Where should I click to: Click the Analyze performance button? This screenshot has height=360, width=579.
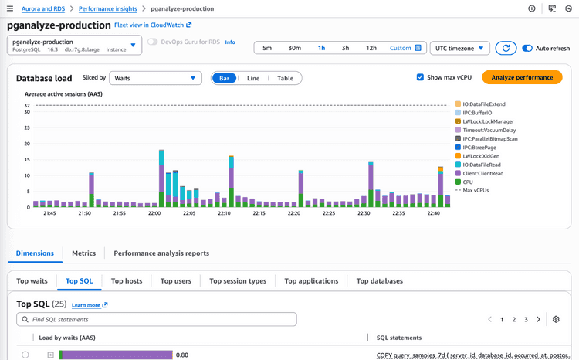(x=522, y=78)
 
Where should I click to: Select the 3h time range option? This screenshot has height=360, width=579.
(x=345, y=48)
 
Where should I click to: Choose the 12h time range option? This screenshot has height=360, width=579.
(x=371, y=48)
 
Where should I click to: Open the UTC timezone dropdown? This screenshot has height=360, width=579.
(x=459, y=48)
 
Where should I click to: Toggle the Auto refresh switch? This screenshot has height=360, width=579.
(x=528, y=48)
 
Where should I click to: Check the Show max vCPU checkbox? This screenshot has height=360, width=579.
(x=420, y=77)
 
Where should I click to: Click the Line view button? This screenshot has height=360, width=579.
(x=253, y=78)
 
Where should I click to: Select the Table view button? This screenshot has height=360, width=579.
(x=285, y=78)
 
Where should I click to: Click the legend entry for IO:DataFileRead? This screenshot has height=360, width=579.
(x=483, y=165)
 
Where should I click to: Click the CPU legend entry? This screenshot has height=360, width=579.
(x=468, y=182)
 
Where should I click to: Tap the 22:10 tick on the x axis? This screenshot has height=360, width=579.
(x=224, y=213)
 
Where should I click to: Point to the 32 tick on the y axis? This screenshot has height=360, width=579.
(x=27, y=105)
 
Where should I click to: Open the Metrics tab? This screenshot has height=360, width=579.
(x=83, y=253)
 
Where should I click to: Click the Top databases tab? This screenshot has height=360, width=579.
(x=379, y=281)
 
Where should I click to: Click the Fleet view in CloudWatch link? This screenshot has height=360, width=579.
(x=153, y=25)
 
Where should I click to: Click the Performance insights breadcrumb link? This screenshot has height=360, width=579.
(x=107, y=8)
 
